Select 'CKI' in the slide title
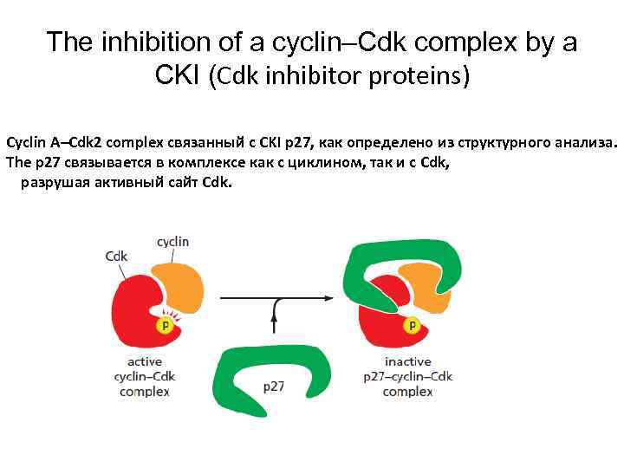coord(178,75)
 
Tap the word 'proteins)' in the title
coord(425,77)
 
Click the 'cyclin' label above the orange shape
coord(172,242)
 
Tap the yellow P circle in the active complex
coord(163,326)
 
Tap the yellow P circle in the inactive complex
coord(413,326)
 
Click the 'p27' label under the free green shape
coord(275,386)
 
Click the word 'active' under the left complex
coord(145,361)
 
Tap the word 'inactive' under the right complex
coord(407,361)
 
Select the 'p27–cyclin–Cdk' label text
coord(407,376)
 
